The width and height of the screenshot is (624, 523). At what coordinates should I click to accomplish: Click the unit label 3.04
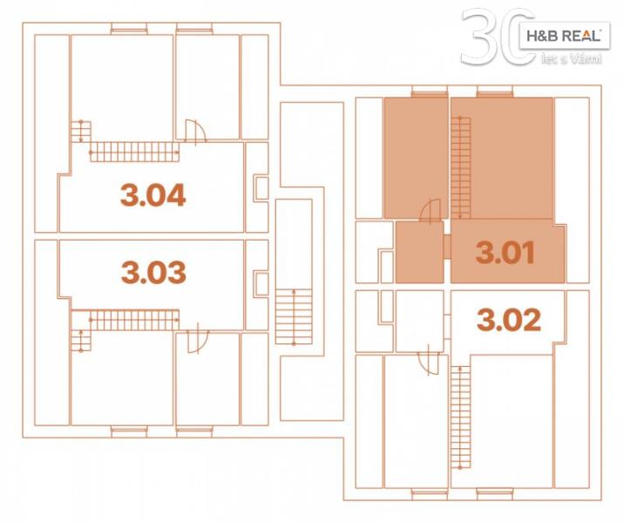[153, 195]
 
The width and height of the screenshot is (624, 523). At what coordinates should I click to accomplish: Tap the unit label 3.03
[153, 272]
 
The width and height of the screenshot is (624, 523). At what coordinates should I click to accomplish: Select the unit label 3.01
[505, 252]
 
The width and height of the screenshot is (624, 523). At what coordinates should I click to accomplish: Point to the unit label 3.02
[509, 319]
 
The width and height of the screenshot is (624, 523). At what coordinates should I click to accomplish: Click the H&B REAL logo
[565, 36]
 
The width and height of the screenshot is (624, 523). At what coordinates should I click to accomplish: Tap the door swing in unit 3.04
[196, 130]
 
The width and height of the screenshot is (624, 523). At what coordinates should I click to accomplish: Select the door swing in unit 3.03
[198, 342]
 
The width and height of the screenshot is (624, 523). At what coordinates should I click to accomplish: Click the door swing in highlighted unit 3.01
[431, 210]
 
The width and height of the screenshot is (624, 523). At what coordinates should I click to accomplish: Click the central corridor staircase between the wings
[294, 316]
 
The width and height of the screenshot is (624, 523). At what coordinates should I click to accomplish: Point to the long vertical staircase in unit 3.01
[460, 167]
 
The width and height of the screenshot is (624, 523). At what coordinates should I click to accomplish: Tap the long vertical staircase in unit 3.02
[460, 418]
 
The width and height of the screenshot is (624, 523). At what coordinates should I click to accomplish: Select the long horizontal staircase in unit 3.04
[134, 152]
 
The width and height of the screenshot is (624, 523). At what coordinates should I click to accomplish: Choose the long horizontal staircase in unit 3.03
[134, 320]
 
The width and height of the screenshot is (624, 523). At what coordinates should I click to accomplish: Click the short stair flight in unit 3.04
[81, 132]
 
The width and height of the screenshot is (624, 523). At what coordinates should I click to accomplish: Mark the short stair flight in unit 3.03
[81, 340]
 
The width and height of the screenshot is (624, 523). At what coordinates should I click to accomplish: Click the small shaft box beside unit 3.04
[261, 188]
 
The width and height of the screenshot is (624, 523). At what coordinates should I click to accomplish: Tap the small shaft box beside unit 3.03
[261, 283]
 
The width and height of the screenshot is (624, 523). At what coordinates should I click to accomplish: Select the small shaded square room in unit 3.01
[419, 252]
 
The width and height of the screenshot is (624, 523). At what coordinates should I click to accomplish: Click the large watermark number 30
[498, 37]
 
